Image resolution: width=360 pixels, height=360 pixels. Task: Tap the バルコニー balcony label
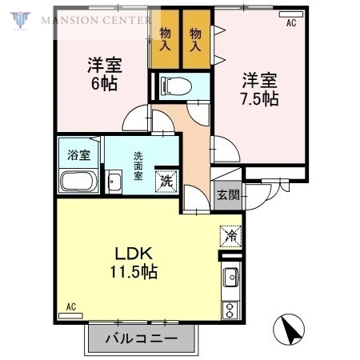(x=142, y=339)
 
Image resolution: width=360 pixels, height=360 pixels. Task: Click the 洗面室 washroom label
(x=139, y=166)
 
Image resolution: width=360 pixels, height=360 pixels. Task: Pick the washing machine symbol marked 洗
(x=166, y=181)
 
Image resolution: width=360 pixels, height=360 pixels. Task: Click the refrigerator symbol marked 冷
(x=230, y=237)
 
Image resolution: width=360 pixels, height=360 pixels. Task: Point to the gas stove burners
(x=230, y=309)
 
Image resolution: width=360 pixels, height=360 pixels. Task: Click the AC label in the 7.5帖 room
(x=290, y=23)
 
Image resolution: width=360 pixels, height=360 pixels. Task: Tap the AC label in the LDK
(x=70, y=306)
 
